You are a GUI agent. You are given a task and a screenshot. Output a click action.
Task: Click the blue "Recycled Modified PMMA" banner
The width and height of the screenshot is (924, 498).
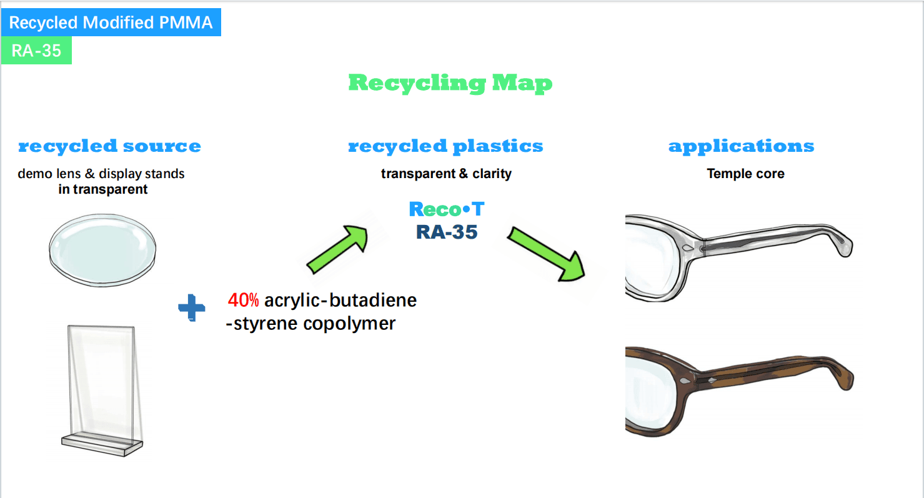click(x=111, y=23)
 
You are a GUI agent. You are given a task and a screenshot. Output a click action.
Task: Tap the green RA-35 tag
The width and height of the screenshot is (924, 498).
click(x=36, y=51)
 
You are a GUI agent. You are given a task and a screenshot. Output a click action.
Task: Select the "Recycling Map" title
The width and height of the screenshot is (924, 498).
click(x=450, y=83)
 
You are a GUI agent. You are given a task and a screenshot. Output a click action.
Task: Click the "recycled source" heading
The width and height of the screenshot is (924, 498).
click(x=109, y=146)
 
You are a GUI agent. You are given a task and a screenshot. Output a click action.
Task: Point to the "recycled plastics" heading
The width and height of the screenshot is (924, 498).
click(x=445, y=146)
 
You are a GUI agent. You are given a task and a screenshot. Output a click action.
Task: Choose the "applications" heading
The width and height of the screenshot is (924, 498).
click(x=741, y=146)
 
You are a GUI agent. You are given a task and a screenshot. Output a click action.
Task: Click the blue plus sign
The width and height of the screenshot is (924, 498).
click(x=192, y=309)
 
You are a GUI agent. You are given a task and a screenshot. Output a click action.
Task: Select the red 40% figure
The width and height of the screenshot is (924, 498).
click(x=243, y=301)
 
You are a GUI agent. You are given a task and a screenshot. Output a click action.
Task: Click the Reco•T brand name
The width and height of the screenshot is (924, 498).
click(x=446, y=209)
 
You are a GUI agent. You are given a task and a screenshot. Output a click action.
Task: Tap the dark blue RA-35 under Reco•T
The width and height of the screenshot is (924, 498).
click(x=446, y=232)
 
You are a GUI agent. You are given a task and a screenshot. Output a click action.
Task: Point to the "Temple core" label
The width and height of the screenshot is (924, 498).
click(x=745, y=174)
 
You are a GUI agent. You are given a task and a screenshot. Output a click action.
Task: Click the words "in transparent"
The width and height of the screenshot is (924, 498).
click(x=103, y=189)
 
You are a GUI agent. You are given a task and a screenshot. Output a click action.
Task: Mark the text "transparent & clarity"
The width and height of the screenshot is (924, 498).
click(x=446, y=174)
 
